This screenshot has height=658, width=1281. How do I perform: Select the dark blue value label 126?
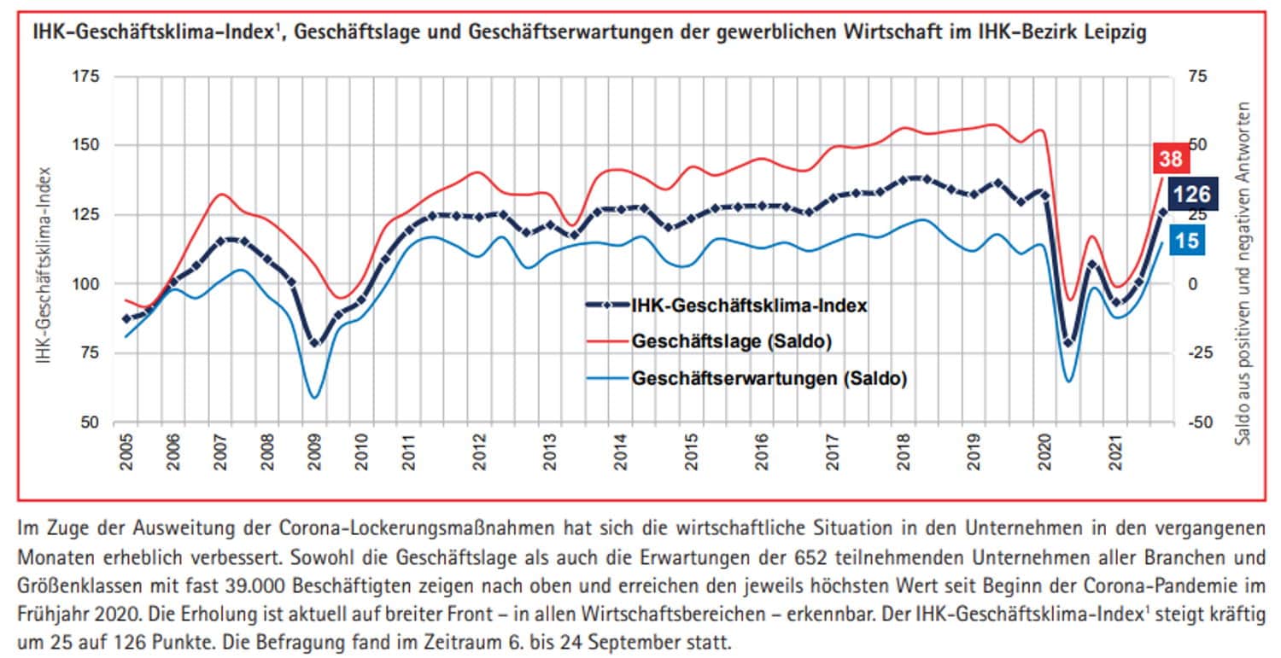pyautogui.click(x=1191, y=195)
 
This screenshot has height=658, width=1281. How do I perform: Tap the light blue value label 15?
pyautogui.click(x=1187, y=242)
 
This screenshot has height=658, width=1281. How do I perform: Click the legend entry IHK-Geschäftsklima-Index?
pyautogui.click(x=750, y=305)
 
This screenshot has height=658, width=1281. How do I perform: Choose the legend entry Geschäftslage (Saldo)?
pyautogui.click(x=732, y=341)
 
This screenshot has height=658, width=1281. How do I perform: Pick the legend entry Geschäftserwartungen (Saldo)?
pyautogui.click(x=769, y=378)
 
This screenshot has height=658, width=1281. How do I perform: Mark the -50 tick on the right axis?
pyautogui.click(x=1197, y=422)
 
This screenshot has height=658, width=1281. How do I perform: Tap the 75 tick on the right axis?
pyautogui.click(x=1197, y=77)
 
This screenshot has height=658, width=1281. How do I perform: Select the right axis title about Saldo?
pyautogui.click(x=1244, y=273)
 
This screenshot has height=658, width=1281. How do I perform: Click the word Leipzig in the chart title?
pyautogui.click(x=1115, y=35)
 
